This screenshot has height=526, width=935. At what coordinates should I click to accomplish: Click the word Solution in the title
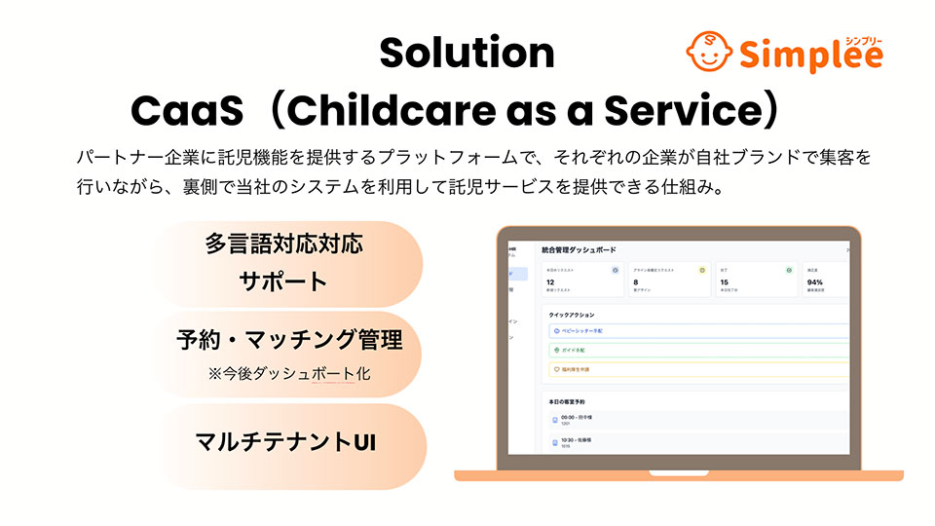467,53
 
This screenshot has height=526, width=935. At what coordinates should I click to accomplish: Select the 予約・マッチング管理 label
288,341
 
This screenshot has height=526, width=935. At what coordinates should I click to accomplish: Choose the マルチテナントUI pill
285,441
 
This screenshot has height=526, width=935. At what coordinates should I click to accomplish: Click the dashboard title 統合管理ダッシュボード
579,250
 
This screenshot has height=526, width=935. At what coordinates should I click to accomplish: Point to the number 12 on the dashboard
550,282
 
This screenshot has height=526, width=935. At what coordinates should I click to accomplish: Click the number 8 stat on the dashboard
635,282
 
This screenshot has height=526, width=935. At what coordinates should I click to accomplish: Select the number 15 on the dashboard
724,282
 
